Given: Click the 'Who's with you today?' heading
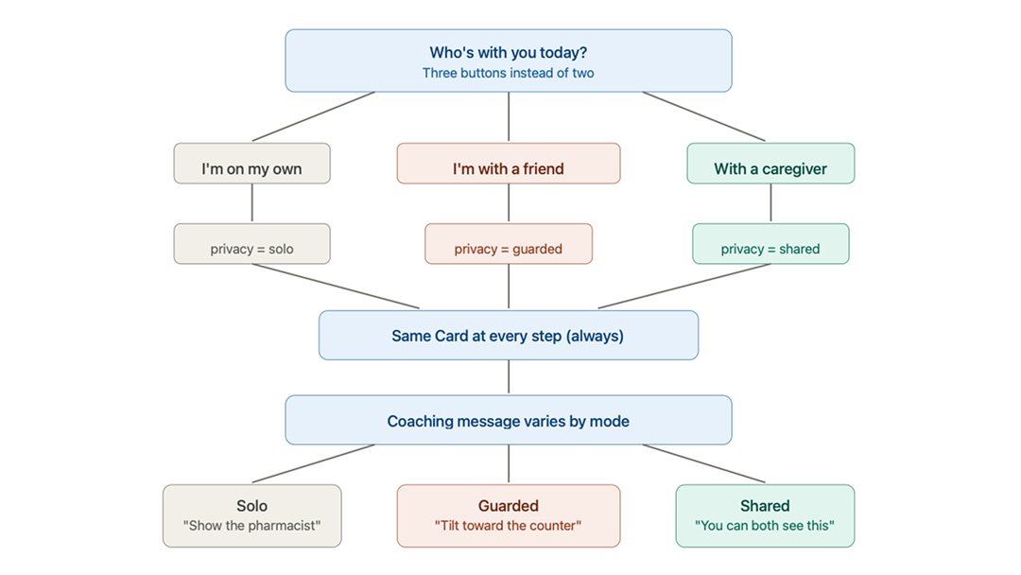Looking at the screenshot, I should point(509,53).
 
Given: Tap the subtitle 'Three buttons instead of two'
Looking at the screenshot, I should point(509,73).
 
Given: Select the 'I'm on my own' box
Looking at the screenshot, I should point(251,168).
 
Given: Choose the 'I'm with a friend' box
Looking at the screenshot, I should point(509,168).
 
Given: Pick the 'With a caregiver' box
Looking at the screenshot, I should point(770,168).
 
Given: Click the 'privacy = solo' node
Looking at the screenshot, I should point(251,249).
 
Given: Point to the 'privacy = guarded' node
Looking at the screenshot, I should point(509,249).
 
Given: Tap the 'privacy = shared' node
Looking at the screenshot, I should point(770,249).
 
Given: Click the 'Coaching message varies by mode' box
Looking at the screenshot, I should point(509,421).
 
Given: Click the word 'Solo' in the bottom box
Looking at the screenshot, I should point(251,506).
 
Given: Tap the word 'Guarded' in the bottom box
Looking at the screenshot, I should point(509,506).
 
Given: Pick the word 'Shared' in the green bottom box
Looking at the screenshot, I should point(765,506).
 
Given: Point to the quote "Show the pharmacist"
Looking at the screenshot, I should point(251,526).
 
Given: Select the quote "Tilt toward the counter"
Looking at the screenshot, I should point(509,526).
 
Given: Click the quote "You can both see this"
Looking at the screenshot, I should point(765,526).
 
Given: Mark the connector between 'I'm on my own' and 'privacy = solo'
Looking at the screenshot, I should point(251,203).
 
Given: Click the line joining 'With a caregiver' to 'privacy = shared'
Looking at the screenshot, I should point(770,203).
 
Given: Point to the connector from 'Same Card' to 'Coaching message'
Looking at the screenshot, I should point(509,377).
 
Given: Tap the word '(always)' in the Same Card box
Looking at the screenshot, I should point(595,336).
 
